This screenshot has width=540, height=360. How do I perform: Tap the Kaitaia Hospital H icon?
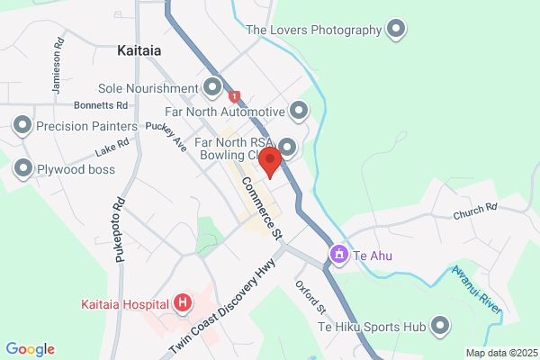[183, 302]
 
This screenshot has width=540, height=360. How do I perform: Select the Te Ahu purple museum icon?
[339, 255]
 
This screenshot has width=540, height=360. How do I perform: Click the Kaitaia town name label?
[139, 51]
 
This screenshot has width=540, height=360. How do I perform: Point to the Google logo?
[31, 349]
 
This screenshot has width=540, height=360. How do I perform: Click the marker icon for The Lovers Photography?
[395, 30]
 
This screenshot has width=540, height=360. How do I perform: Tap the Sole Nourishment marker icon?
[212, 87]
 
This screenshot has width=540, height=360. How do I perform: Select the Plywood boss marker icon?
[22, 167]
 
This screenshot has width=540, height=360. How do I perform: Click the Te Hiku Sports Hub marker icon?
[440, 325]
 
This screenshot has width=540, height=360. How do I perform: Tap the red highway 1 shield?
[235, 96]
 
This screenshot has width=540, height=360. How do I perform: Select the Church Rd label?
[475, 212]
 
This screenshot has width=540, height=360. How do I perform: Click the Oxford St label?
[310, 296]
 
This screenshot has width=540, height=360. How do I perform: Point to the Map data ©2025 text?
[499, 352]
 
